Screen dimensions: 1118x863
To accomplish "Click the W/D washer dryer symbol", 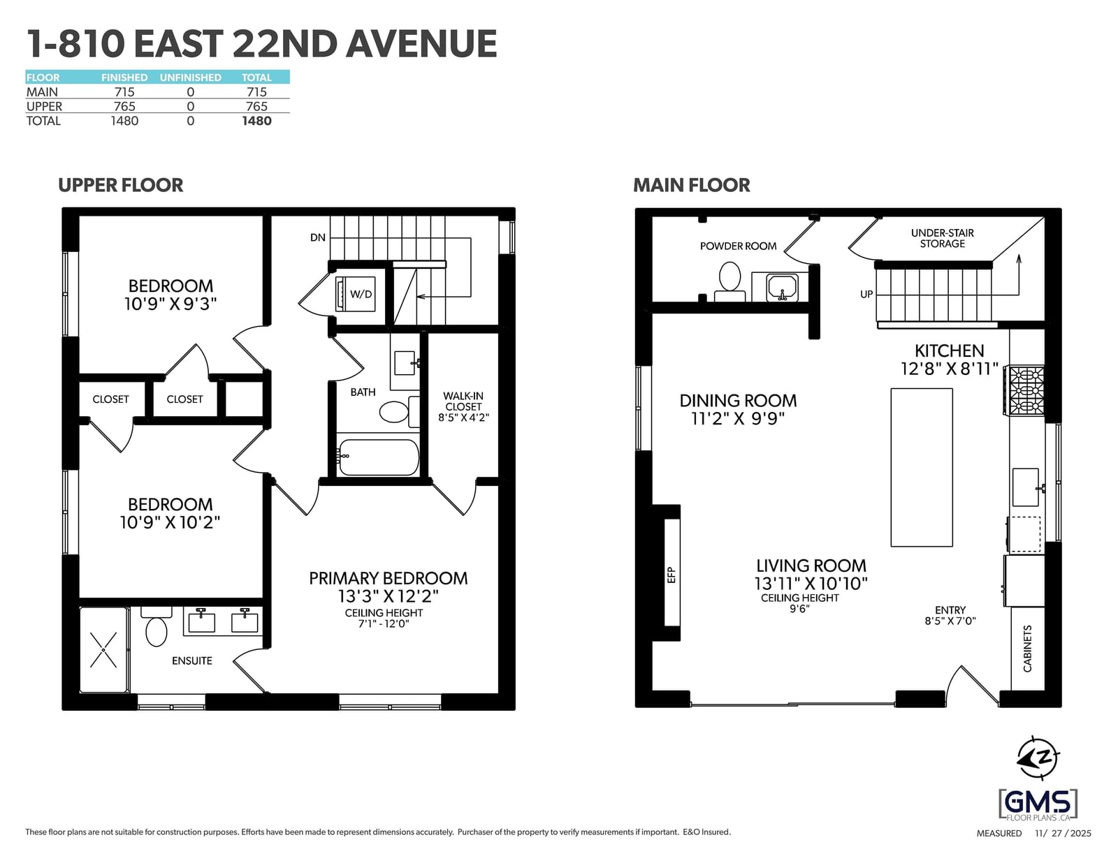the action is tap(355, 293).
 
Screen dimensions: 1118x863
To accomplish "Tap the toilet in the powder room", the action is tap(729, 281).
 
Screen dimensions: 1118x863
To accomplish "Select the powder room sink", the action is tap(782, 287).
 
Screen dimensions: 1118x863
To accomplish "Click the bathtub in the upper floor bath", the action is tap(378, 457).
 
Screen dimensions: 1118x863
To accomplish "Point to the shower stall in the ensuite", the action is tap(103, 649).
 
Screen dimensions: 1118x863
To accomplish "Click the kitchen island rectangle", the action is tap(922, 467).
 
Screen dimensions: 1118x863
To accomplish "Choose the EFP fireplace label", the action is tap(671, 575).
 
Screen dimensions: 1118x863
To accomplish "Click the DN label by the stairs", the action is tap(317, 237).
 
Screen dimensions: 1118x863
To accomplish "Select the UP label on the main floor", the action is tap(866, 295).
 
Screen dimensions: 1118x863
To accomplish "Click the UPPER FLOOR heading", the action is tap(120, 185).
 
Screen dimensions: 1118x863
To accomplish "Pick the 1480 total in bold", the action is tap(256, 121).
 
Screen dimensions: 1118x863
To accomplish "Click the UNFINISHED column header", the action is tap(190, 78).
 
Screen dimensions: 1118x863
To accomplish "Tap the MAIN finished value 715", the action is tap(124, 92).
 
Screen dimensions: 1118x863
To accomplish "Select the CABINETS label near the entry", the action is tap(1027, 648).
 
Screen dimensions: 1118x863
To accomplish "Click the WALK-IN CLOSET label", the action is tap(463, 406).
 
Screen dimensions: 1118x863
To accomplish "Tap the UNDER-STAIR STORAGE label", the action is tap(942, 238).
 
